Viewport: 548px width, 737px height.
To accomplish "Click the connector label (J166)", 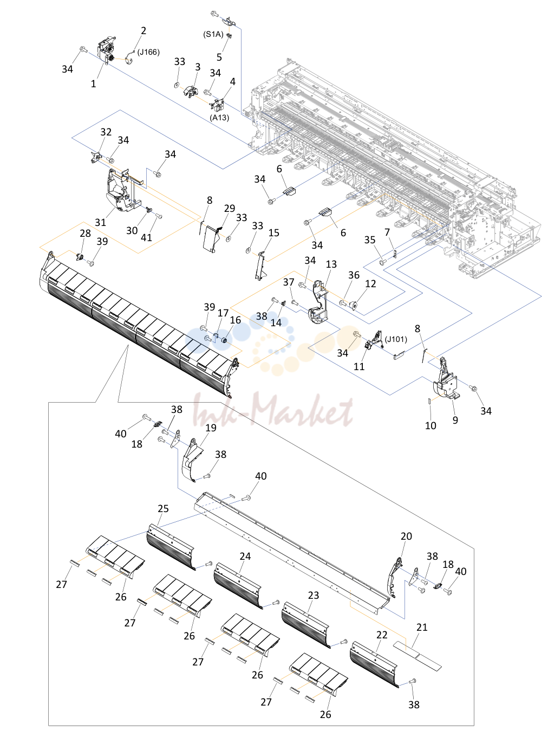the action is click(x=148, y=52).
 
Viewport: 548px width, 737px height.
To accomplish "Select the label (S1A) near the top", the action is click(x=213, y=34).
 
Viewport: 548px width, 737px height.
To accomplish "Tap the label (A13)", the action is click(x=219, y=117).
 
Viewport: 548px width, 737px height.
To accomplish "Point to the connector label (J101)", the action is click(x=396, y=339).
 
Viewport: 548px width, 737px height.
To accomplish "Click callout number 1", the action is click(x=93, y=84).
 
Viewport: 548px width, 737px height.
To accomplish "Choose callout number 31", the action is click(x=100, y=222).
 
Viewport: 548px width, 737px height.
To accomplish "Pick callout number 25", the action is click(x=163, y=509).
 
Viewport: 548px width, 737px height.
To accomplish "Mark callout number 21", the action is click(x=422, y=628).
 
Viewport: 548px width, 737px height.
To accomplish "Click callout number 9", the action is click(x=455, y=420).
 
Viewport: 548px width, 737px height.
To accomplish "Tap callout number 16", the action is click(x=235, y=320).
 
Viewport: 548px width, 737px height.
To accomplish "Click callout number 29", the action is click(x=230, y=208).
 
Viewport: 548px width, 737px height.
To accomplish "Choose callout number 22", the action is click(x=382, y=635).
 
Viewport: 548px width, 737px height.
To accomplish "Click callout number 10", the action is click(x=430, y=425).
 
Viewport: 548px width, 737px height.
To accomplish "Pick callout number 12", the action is click(x=370, y=283).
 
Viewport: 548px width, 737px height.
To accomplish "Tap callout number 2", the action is click(x=143, y=30).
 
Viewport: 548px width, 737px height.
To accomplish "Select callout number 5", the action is click(x=219, y=57).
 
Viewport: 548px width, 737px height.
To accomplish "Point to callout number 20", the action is click(x=406, y=536).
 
